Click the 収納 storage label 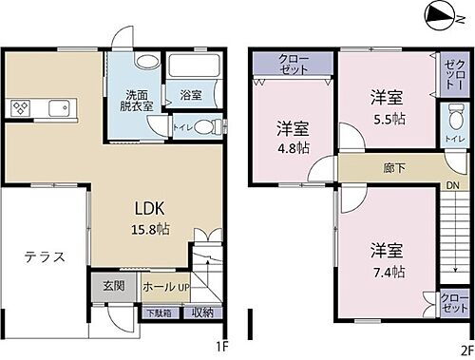coord(201,312)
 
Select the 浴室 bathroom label coord(191,94)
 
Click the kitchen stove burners coord(22,107)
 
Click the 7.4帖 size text coord(388,260)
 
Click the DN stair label coord(453,185)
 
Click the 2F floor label coord(466,347)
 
